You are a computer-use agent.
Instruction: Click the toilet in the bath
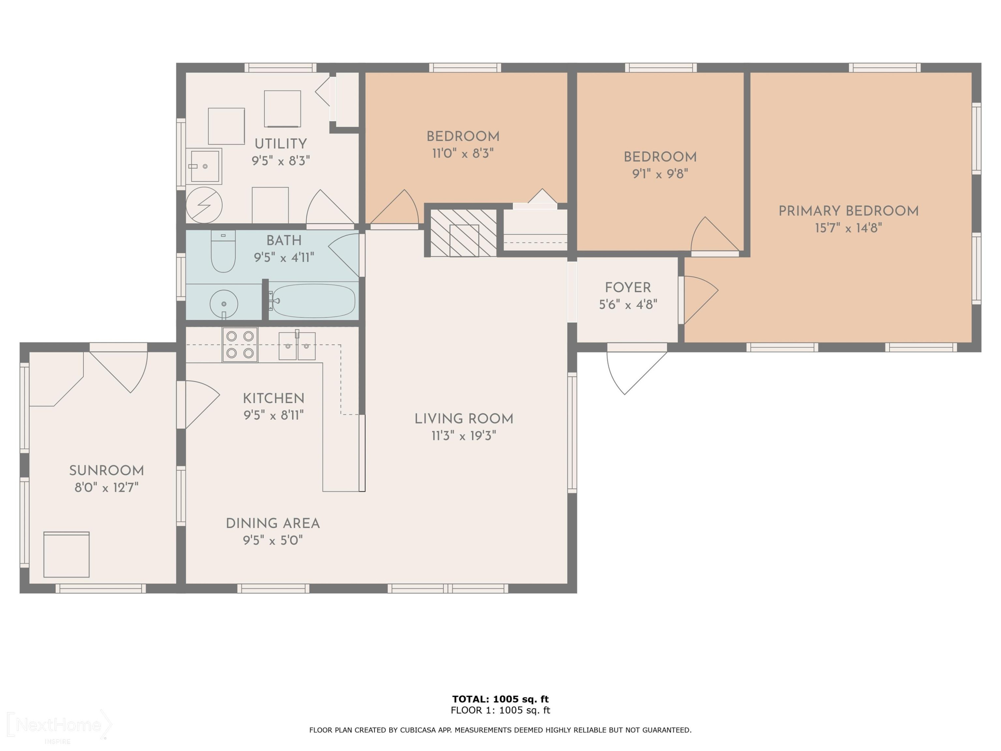tap(223, 251)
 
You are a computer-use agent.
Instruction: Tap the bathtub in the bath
tap(312, 301)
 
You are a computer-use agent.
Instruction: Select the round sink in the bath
tap(224, 304)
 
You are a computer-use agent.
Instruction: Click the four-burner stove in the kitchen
tap(240, 344)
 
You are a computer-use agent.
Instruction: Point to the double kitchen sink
tap(297, 345)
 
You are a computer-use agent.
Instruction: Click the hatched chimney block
tap(463, 233)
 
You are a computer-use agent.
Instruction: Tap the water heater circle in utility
tap(204, 205)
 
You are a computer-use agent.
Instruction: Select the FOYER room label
tap(628, 287)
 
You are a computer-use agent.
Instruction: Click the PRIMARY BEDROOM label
tap(849, 211)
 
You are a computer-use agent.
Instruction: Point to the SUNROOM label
tap(106, 471)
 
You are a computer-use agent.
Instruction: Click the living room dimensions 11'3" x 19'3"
tap(464, 436)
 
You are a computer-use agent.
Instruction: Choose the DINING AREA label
tap(273, 523)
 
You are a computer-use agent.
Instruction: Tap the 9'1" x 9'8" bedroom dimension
tap(660, 174)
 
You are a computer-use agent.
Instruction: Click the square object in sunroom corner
tap(66, 554)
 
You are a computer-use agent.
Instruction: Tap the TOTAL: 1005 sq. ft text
tap(500, 699)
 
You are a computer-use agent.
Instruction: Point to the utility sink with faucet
tap(205, 166)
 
